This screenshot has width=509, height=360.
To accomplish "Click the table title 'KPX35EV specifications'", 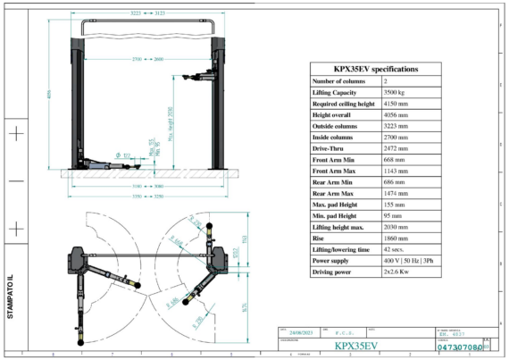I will click(x=375, y=68).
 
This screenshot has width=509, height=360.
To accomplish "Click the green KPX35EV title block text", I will click(x=356, y=346).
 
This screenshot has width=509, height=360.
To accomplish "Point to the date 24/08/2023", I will click(x=297, y=331).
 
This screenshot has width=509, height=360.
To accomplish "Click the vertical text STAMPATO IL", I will click(x=11, y=297).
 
